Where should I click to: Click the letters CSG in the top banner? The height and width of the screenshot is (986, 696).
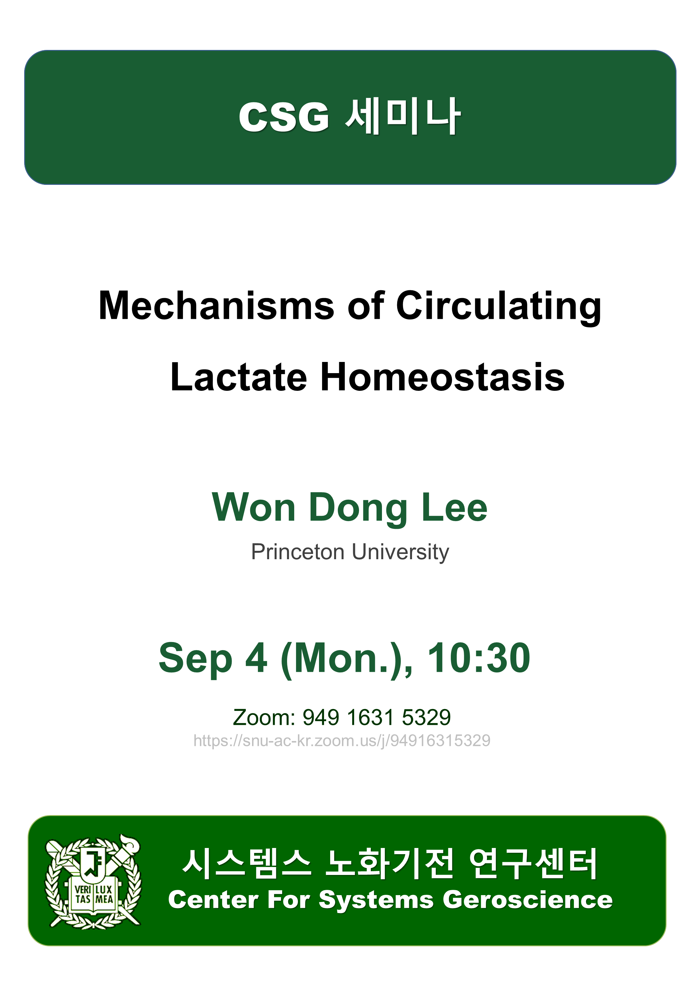click(x=284, y=117)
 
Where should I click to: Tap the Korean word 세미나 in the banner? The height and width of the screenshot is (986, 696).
click(x=403, y=116)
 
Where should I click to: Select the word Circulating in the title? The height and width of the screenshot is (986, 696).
click(x=499, y=307)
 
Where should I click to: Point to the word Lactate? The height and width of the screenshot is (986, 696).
click(x=239, y=377)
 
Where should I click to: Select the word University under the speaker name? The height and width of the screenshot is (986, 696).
click(x=400, y=553)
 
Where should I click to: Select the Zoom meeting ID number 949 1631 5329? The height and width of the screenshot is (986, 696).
click(x=377, y=717)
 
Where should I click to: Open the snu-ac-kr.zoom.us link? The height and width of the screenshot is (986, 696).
click(x=342, y=741)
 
